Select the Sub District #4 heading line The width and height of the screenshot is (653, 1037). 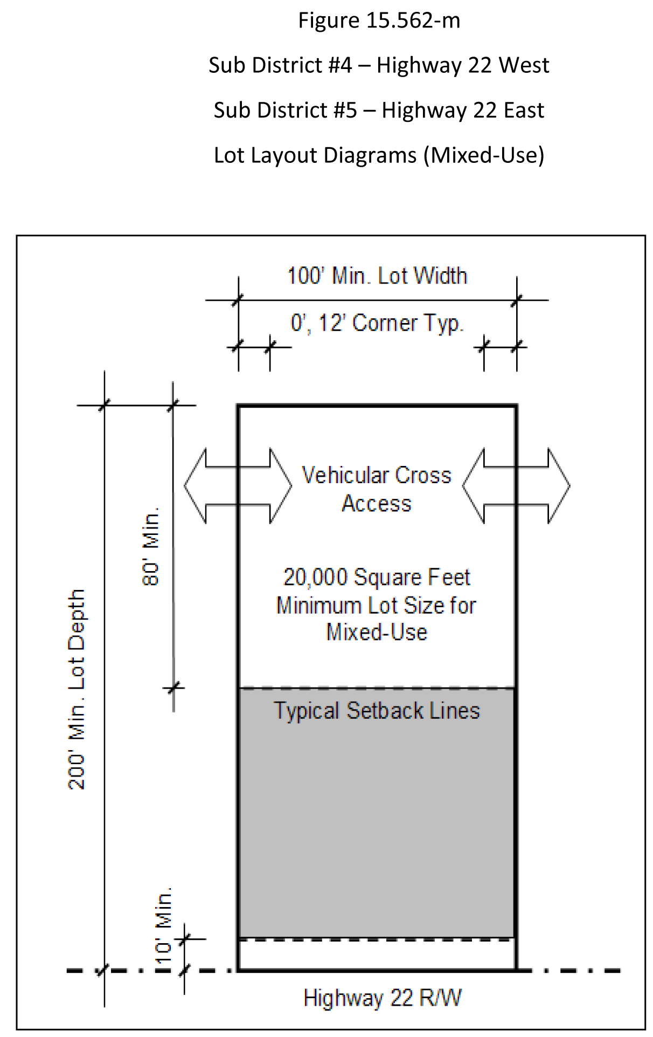click(x=379, y=65)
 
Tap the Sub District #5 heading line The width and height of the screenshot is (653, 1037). click(x=379, y=110)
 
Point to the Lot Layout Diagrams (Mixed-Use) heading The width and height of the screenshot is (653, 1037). click(x=379, y=155)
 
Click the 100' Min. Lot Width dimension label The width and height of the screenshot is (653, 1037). click(x=377, y=276)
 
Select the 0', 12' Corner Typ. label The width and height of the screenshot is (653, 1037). click(x=377, y=324)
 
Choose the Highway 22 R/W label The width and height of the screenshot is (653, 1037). click(x=383, y=998)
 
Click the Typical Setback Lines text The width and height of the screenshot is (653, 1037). click(x=377, y=711)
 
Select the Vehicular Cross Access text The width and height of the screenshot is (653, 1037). click(x=377, y=489)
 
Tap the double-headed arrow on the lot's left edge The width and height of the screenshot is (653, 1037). click(x=238, y=486)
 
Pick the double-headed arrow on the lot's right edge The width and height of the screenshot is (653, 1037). click(x=516, y=486)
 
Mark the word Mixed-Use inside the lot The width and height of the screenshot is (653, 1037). click(x=377, y=632)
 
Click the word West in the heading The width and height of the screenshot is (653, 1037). click(x=524, y=65)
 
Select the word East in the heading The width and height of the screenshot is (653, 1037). click(x=524, y=110)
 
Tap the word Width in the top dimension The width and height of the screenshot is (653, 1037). click(x=440, y=276)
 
